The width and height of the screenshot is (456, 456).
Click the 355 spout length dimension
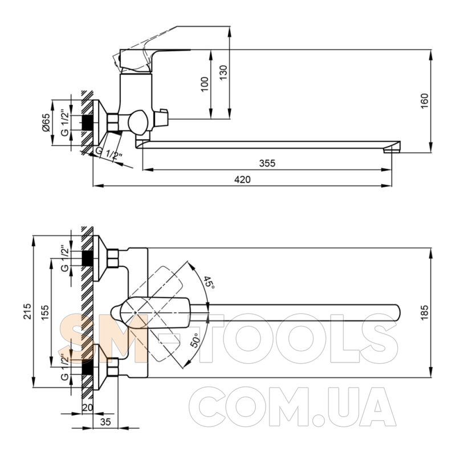(x=267, y=163)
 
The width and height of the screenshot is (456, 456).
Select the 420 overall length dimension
(x=242, y=180)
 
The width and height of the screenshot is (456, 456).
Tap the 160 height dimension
(x=425, y=101)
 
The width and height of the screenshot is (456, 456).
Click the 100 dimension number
(x=205, y=84)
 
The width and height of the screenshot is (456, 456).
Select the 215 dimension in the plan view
(x=27, y=311)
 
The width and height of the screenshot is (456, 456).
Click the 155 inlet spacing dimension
(x=45, y=312)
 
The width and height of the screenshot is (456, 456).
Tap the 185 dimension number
(x=425, y=312)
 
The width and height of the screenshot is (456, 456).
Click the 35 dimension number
(x=105, y=421)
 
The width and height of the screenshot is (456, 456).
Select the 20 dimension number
(x=87, y=408)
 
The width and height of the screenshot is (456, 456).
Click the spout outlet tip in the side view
(x=392, y=150)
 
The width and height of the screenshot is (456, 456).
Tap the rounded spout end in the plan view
(x=396, y=312)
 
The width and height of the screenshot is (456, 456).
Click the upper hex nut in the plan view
(x=113, y=258)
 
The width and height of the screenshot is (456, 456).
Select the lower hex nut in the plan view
(x=113, y=367)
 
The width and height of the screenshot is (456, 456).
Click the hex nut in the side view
(x=113, y=122)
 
